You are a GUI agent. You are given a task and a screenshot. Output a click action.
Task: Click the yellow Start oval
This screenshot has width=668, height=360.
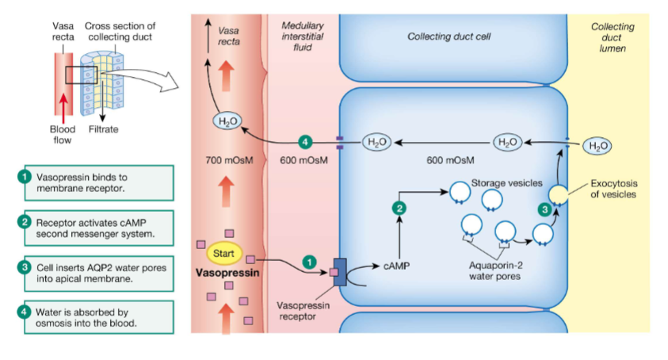[x=223, y=253]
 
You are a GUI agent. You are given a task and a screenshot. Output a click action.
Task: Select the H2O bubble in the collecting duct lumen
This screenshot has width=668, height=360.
[x=597, y=145]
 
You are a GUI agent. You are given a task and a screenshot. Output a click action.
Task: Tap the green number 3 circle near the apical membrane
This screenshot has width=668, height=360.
[x=544, y=209]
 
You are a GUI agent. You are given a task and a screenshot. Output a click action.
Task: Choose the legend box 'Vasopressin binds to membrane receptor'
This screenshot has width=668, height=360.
[x=94, y=182]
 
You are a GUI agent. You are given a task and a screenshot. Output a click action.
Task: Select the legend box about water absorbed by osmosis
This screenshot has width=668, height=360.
[x=94, y=317]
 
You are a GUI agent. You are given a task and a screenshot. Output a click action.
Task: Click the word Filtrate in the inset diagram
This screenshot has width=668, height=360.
[x=104, y=128]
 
